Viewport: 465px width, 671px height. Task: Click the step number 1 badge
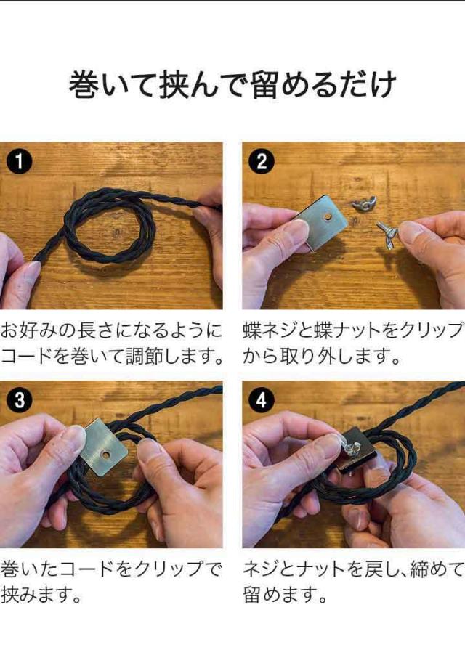(19, 161)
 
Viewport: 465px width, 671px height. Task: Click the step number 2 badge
(262, 161)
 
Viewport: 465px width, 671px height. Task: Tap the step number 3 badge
(19, 400)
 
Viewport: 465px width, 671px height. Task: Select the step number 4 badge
(262, 400)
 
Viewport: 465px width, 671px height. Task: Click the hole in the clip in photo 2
(328, 216)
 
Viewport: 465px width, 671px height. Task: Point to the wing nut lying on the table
(364, 203)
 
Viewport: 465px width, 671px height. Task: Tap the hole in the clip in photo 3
(105, 454)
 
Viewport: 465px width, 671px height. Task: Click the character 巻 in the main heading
(85, 84)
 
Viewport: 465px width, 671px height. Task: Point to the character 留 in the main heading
(265, 84)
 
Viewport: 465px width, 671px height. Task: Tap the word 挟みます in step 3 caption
(41, 595)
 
